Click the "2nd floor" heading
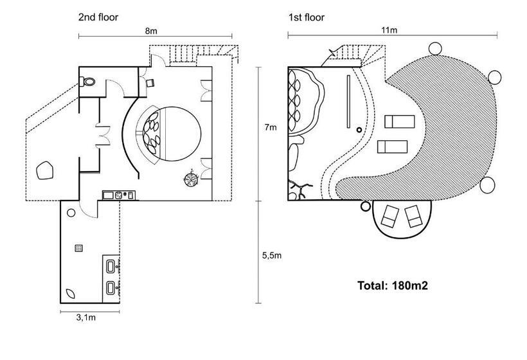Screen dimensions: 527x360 click(x=98, y=17)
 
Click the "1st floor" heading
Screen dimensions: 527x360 click(x=306, y=17)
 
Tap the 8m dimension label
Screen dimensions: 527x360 click(x=151, y=31)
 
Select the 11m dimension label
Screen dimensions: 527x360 click(x=389, y=30)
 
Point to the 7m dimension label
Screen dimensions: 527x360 click(x=271, y=127)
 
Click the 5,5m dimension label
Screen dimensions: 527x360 click(x=272, y=255)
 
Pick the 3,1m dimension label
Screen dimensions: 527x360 click(x=85, y=318)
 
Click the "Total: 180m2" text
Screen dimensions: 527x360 click(x=393, y=285)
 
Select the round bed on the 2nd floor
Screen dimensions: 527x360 click(x=172, y=134)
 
